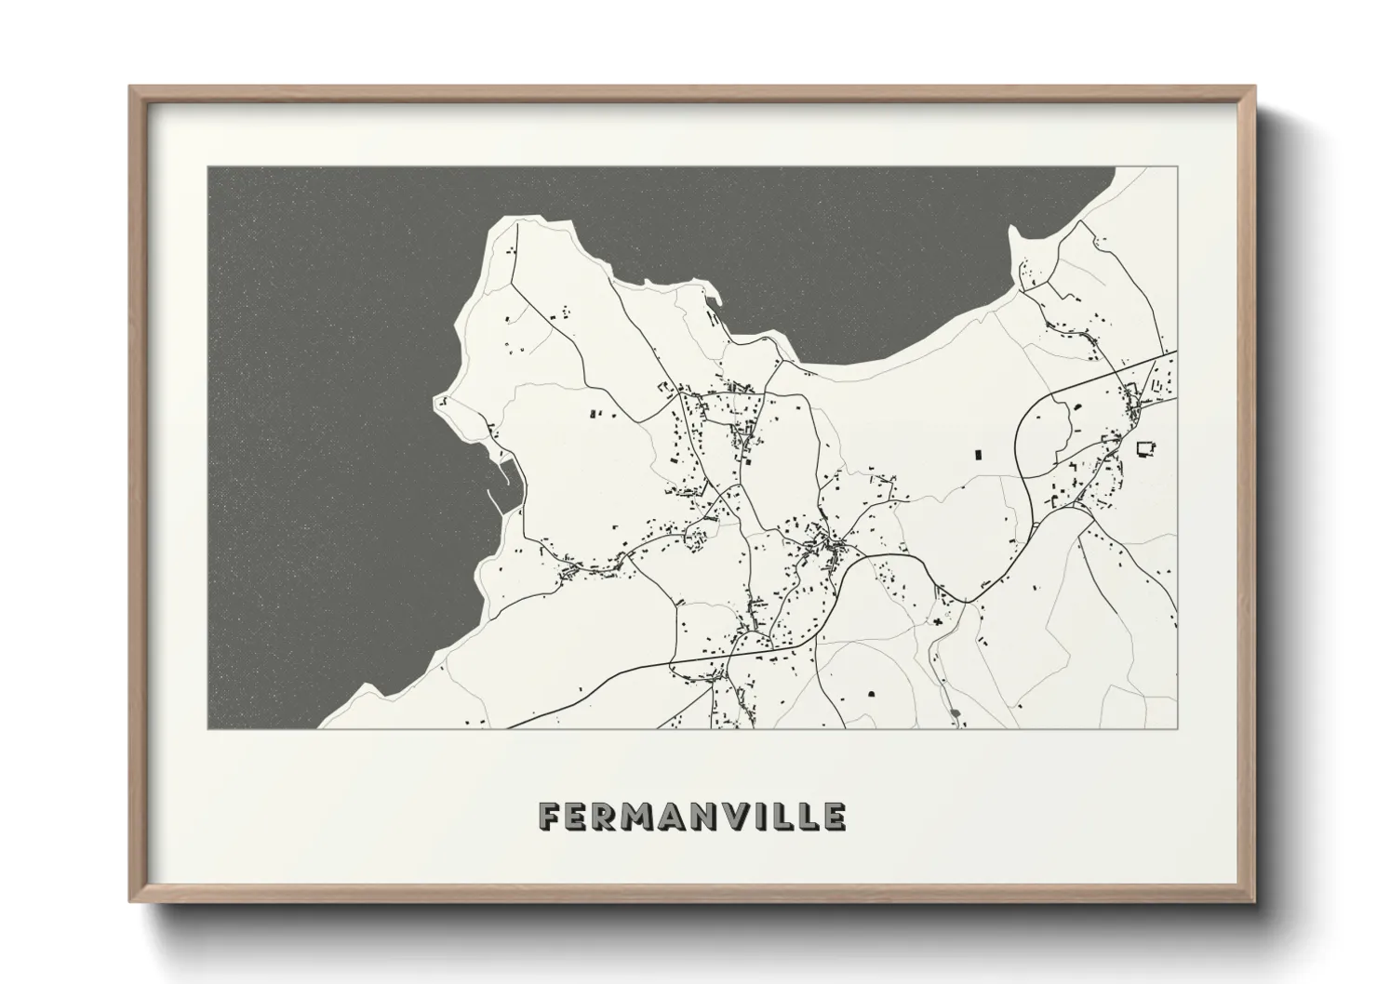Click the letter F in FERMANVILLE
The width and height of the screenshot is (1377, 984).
click(x=550, y=817)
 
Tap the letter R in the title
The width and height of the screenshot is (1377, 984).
click(x=608, y=817)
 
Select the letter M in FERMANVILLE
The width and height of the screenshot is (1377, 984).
click(x=642, y=817)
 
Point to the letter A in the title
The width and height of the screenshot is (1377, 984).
click(x=676, y=817)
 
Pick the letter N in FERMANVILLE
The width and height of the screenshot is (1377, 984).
click(x=708, y=817)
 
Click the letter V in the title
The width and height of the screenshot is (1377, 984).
click(x=740, y=817)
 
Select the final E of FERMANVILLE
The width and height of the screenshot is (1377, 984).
click(x=835, y=817)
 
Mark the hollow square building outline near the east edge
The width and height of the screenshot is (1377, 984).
click(x=1144, y=448)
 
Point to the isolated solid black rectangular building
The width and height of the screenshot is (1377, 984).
click(x=978, y=455)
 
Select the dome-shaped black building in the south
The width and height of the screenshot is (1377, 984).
click(x=872, y=693)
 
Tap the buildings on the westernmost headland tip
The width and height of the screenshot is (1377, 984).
click(x=444, y=402)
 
